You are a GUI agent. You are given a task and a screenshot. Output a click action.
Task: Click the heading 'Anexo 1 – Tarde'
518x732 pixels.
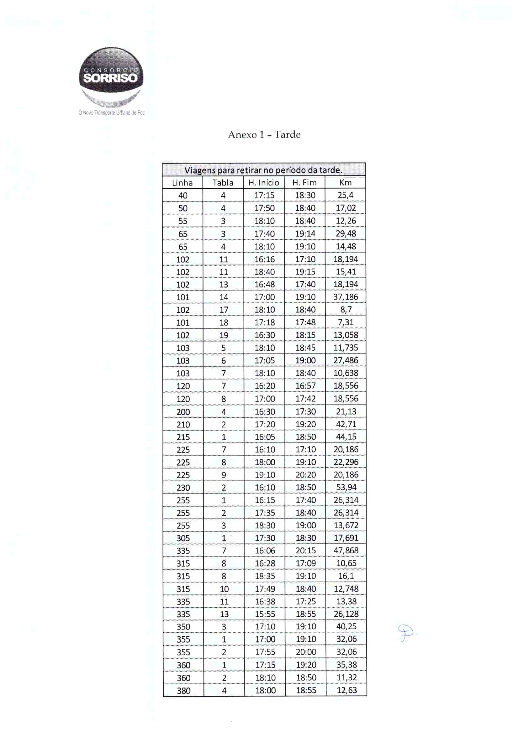[264, 134]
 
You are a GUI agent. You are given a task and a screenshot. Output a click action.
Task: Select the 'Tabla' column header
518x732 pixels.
[223, 183]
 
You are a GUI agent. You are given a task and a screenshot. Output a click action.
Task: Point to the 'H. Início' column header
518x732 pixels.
[264, 183]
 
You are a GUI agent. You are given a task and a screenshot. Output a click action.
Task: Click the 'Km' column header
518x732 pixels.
[346, 183]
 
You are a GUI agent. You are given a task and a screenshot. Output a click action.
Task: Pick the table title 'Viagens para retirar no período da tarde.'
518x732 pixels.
[264, 170]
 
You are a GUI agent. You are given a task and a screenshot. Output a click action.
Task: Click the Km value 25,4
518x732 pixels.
[346, 195]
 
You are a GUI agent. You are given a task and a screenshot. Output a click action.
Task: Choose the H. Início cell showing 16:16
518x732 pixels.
[264, 259]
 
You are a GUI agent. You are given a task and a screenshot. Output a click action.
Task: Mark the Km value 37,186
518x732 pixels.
[346, 297]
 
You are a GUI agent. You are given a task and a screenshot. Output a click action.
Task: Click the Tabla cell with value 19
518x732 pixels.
[224, 335]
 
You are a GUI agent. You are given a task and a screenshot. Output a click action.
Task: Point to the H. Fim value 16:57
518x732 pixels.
[305, 386]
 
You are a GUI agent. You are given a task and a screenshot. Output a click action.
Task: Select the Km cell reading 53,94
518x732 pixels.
[346, 488]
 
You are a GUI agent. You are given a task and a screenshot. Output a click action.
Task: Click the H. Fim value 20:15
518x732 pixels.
[306, 551]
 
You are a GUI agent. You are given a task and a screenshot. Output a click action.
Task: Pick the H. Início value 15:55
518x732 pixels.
[265, 614]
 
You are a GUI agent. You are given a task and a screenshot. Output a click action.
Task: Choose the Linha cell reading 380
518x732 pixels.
[183, 691]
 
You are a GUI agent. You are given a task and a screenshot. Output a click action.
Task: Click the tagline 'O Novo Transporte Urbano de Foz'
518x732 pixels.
[112, 113]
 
